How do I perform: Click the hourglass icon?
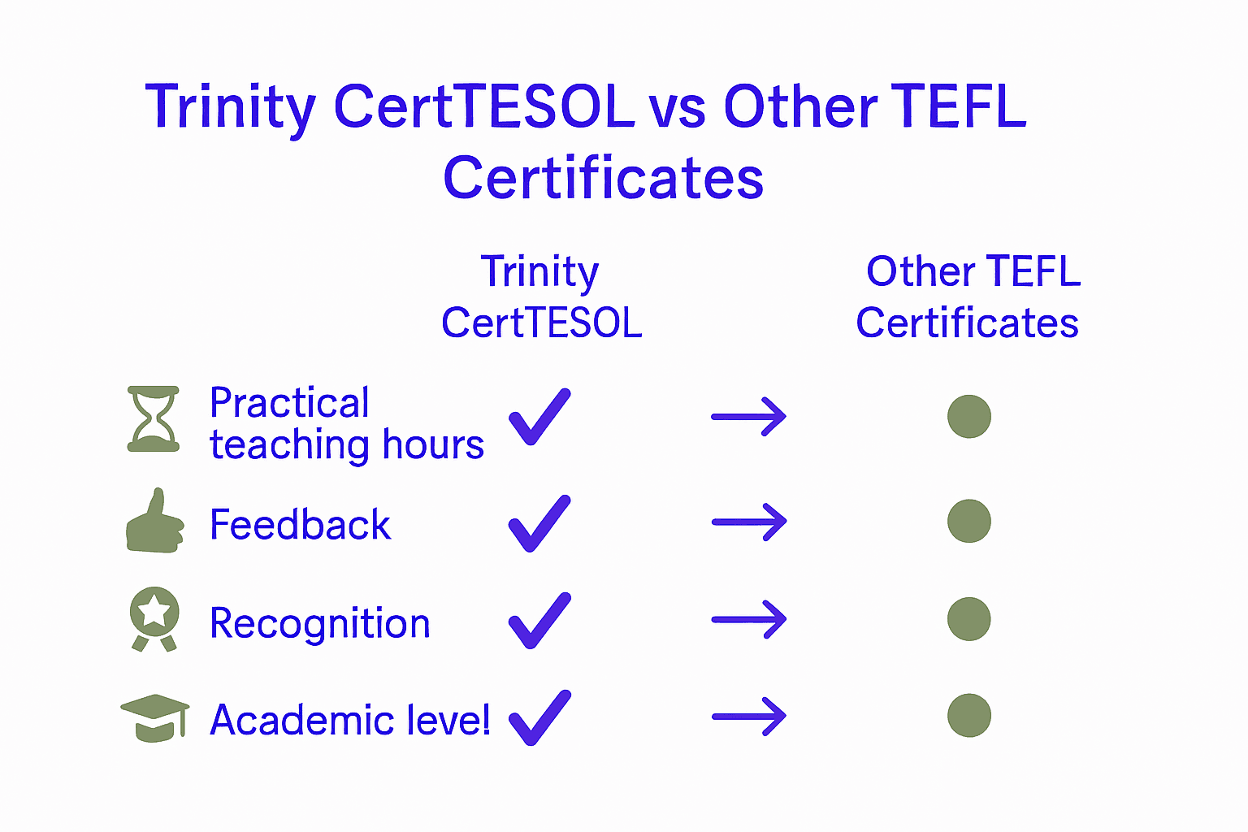click(154, 418)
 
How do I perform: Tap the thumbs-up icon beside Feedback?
click(154, 522)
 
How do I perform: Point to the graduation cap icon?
click(154, 717)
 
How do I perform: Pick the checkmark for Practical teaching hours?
click(539, 417)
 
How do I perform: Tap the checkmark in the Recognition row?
click(539, 620)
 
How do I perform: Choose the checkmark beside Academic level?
click(539, 717)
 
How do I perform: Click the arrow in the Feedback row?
click(749, 522)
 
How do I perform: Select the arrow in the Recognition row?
click(749, 620)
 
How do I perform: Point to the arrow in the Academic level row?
click(749, 717)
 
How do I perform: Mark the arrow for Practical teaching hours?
click(749, 417)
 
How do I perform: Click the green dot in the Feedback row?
click(969, 522)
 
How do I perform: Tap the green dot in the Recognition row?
click(969, 619)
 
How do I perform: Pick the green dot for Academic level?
click(969, 716)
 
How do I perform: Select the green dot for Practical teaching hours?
click(969, 417)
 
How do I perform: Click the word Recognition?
click(319, 624)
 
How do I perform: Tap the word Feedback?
click(300, 525)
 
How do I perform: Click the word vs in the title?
click(677, 109)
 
